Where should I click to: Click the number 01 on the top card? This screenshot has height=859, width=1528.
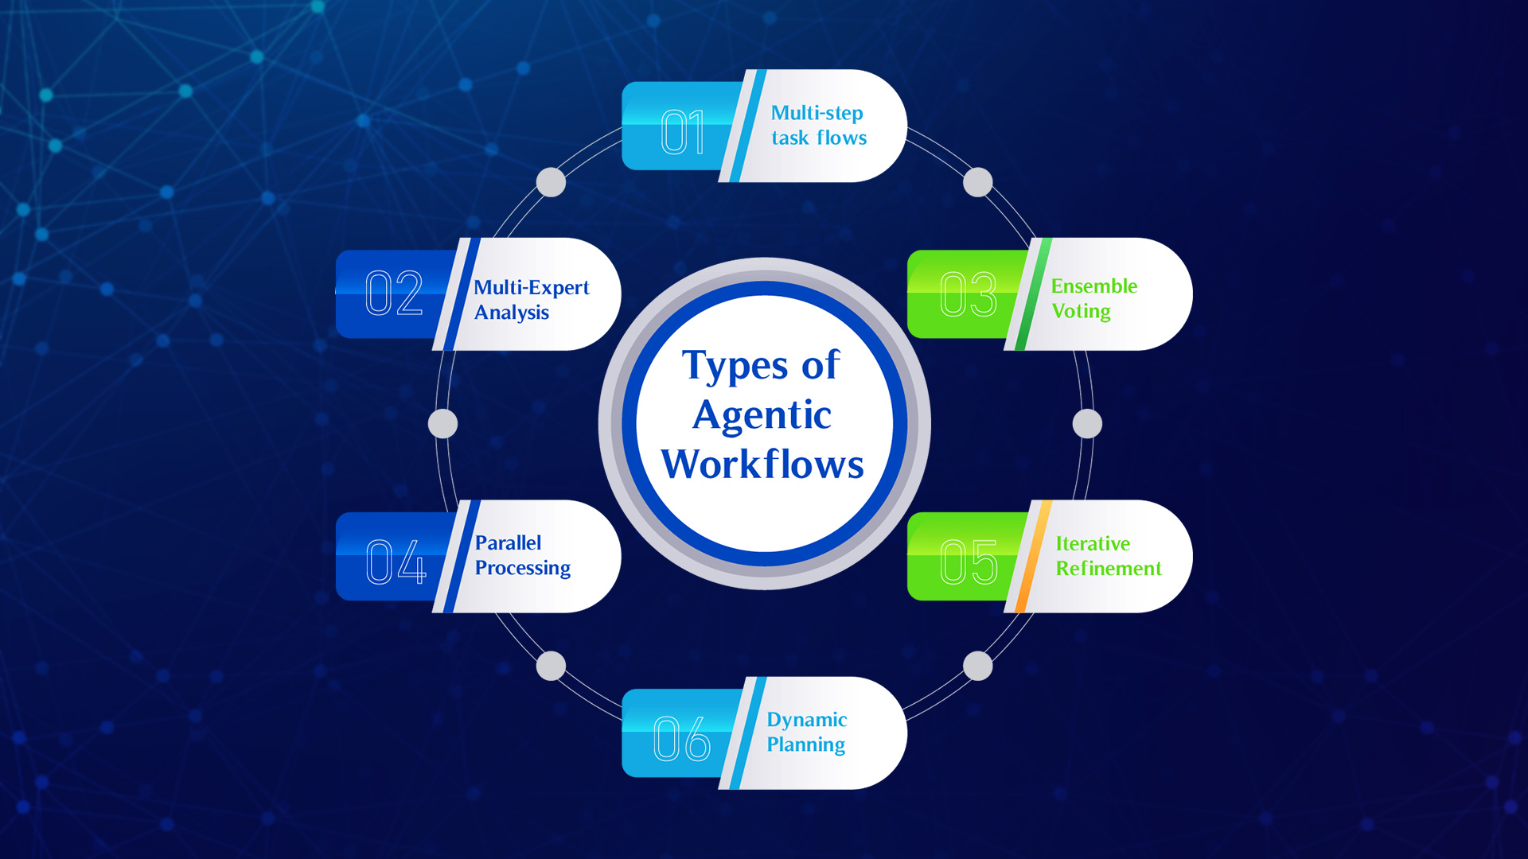pos(683,132)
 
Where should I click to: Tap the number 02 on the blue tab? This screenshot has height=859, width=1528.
pos(394,293)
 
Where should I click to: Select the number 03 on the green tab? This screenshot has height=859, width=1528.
pos(968,293)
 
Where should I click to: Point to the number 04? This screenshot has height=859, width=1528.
pos(396,562)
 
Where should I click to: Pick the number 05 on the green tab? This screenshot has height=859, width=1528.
pos(969,562)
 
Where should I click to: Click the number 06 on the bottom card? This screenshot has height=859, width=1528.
pos(682,738)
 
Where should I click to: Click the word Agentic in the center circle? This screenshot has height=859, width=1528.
pos(762,416)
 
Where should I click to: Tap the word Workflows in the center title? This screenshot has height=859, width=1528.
pos(762,464)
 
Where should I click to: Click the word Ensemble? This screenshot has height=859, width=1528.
pos(1094,286)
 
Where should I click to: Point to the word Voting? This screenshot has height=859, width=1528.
pos(1081,312)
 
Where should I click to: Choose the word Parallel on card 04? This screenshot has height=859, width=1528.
pos(508,543)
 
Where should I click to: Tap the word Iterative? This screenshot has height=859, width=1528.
pos(1093,544)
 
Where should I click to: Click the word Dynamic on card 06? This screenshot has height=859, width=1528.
pos(806,720)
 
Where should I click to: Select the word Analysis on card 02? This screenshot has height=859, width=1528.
pos(512,313)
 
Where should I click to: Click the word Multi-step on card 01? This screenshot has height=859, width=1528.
pos(817,113)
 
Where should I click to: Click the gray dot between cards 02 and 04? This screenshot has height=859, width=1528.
pos(442,424)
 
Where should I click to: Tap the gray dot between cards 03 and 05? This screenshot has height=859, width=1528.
pos(1087,424)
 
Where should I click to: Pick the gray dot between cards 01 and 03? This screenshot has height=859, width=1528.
pos(978,182)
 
